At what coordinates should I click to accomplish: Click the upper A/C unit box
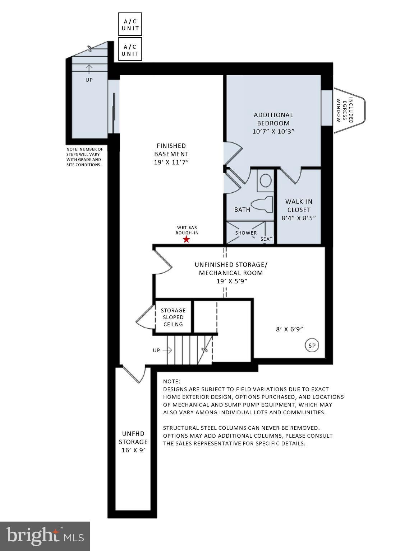tap(130, 24)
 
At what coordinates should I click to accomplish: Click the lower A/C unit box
tap(130, 50)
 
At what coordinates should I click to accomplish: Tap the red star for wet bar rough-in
tap(187, 239)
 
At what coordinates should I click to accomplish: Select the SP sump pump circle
tap(312, 345)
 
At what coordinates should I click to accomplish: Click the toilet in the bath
tap(262, 205)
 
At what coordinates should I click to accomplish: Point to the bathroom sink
tap(266, 180)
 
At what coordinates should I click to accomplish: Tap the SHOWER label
tap(246, 233)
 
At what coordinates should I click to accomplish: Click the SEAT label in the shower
tap(266, 239)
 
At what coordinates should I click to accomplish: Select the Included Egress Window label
tap(345, 110)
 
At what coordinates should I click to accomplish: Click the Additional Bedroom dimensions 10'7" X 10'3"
tap(273, 131)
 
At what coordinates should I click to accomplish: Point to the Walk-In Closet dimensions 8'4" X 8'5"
tap(299, 218)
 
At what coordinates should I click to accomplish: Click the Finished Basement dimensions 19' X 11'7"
tap(171, 162)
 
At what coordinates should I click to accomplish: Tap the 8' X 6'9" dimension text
tap(292, 329)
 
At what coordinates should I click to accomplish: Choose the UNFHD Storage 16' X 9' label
tap(133, 442)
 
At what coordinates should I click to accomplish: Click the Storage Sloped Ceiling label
tap(173, 317)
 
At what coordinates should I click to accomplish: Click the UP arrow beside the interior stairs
tap(167, 350)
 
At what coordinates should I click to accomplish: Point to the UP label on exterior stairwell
tap(89, 80)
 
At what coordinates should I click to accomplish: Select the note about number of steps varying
tap(84, 157)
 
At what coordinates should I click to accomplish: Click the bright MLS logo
tap(45, 536)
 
